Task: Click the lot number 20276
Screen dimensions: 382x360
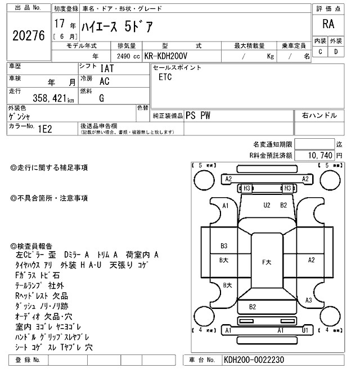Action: tap(28, 35)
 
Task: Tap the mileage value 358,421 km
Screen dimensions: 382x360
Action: tap(42, 98)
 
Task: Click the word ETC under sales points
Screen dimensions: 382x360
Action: tap(165, 77)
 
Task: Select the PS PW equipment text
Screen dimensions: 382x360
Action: tap(198, 115)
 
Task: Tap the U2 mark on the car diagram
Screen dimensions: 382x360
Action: tap(267, 205)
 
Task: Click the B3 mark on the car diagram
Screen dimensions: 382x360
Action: tap(224, 245)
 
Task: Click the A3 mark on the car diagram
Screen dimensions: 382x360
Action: tap(308, 301)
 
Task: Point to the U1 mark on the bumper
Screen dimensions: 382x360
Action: tap(305, 331)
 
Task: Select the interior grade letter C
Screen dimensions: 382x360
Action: tap(320, 52)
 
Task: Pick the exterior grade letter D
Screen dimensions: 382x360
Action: tap(336, 52)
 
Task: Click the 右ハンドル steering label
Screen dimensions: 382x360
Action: tap(319, 115)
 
